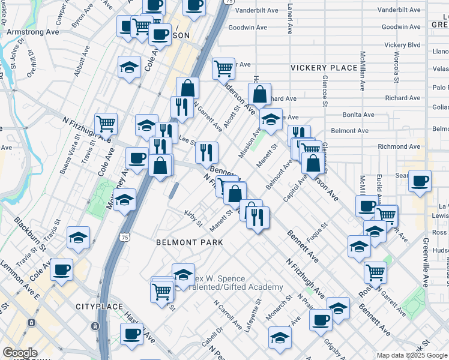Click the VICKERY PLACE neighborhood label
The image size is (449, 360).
pyautogui.click(x=324, y=68)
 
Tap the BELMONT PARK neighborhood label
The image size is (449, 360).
pyautogui.click(x=189, y=242)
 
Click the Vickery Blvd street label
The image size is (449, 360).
pyautogui.click(x=402, y=45)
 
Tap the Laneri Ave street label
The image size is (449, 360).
pyautogui.click(x=290, y=19)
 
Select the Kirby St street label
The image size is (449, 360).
pyautogui.click(x=194, y=218)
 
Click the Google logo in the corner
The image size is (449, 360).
pyautogui.click(x=20, y=353)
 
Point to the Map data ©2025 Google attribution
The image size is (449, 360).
pyautogui.click(x=412, y=355)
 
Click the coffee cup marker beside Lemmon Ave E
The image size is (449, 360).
pyautogui.click(x=61, y=270)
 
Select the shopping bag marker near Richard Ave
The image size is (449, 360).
pyautogui.click(x=259, y=94)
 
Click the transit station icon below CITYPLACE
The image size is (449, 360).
pyautogui.click(x=95, y=326)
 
